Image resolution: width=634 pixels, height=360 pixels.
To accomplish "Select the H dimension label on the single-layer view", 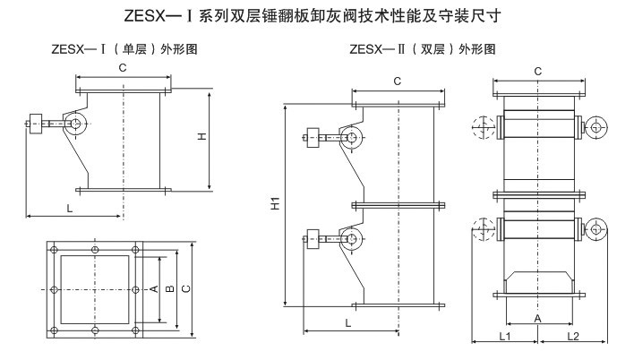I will pos(202,135).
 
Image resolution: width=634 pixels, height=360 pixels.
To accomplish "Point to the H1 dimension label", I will pos(276,204).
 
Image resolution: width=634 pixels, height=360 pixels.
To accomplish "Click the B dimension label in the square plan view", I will pos(169,289).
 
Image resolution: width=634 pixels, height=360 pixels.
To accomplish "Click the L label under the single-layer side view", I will pos(69,208).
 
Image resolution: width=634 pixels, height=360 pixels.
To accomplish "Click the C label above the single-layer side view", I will pos(122,67).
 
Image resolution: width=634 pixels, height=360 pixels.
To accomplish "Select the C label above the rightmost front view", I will pos(536,70).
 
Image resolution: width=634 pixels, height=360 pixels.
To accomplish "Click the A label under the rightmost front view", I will pos(537,318).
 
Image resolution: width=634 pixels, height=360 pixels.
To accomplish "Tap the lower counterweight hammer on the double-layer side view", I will pos(313,238).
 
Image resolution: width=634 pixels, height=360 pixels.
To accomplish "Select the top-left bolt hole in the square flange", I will pos(55,248).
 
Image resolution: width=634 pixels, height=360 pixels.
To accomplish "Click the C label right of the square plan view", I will pos(184,289).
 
